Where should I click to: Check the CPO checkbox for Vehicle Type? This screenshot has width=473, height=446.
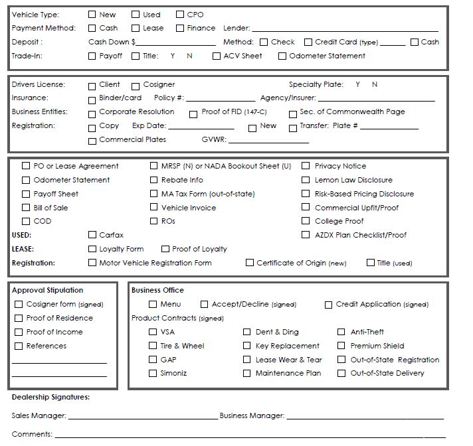point(180,15)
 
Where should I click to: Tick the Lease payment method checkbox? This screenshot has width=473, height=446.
point(136,29)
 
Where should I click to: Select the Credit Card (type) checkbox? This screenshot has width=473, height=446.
point(308,42)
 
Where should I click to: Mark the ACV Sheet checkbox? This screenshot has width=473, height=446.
point(217,56)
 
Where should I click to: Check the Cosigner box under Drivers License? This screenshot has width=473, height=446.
point(136,86)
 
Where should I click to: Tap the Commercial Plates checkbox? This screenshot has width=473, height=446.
point(92,141)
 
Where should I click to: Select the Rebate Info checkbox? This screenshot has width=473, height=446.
point(155,180)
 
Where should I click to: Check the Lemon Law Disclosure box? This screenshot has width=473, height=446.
point(306,180)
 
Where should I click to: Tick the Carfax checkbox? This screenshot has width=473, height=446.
point(92,235)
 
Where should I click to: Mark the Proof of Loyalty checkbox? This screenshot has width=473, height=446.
point(165,249)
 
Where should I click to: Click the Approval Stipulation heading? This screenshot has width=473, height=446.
point(48,290)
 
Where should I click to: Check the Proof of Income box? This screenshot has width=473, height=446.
point(19,332)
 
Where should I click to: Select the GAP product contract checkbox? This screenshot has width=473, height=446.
point(153,360)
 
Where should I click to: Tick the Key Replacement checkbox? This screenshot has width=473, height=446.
point(246,346)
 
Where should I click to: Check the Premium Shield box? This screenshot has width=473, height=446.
point(341,346)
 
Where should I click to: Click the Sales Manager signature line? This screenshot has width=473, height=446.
point(142,417)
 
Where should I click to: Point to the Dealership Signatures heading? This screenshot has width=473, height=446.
point(50,398)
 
